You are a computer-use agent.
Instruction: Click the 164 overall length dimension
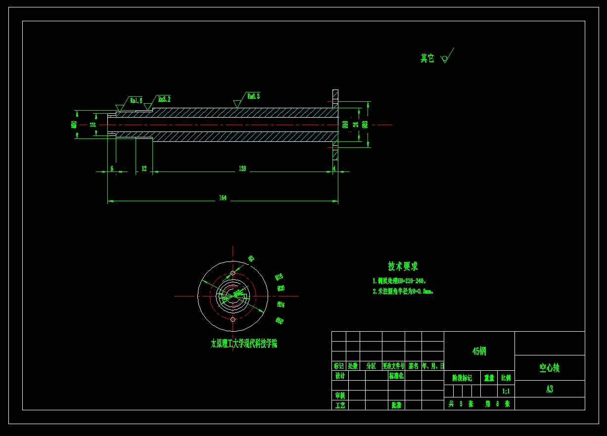click(223, 198)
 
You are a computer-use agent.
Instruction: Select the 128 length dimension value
click(242, 169)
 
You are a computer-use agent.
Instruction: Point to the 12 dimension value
click(144, 169)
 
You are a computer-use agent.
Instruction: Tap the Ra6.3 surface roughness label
click(253, 96)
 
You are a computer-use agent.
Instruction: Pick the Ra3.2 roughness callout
click(164, 99)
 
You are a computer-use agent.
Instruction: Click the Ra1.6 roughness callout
click(136, 100)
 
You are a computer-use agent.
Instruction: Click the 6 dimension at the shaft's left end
click(112, 169)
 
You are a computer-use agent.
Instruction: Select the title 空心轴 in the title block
click(549, 368)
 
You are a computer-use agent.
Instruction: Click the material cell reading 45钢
click(479, 351)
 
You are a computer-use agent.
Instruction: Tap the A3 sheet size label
click(549, 389)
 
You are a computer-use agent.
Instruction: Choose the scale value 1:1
click(506, 391)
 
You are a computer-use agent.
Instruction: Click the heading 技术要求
click(403, 266)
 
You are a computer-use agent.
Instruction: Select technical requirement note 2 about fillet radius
click(403, 292)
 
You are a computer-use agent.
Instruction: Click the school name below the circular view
click(244, 344)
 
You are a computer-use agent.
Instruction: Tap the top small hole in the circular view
click(233, 273)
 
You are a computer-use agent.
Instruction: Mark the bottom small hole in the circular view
click(233, 320)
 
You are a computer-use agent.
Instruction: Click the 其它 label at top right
click(427, 59)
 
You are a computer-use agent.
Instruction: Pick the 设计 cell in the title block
click(340, 376)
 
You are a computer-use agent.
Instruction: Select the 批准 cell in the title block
click(396, 405)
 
